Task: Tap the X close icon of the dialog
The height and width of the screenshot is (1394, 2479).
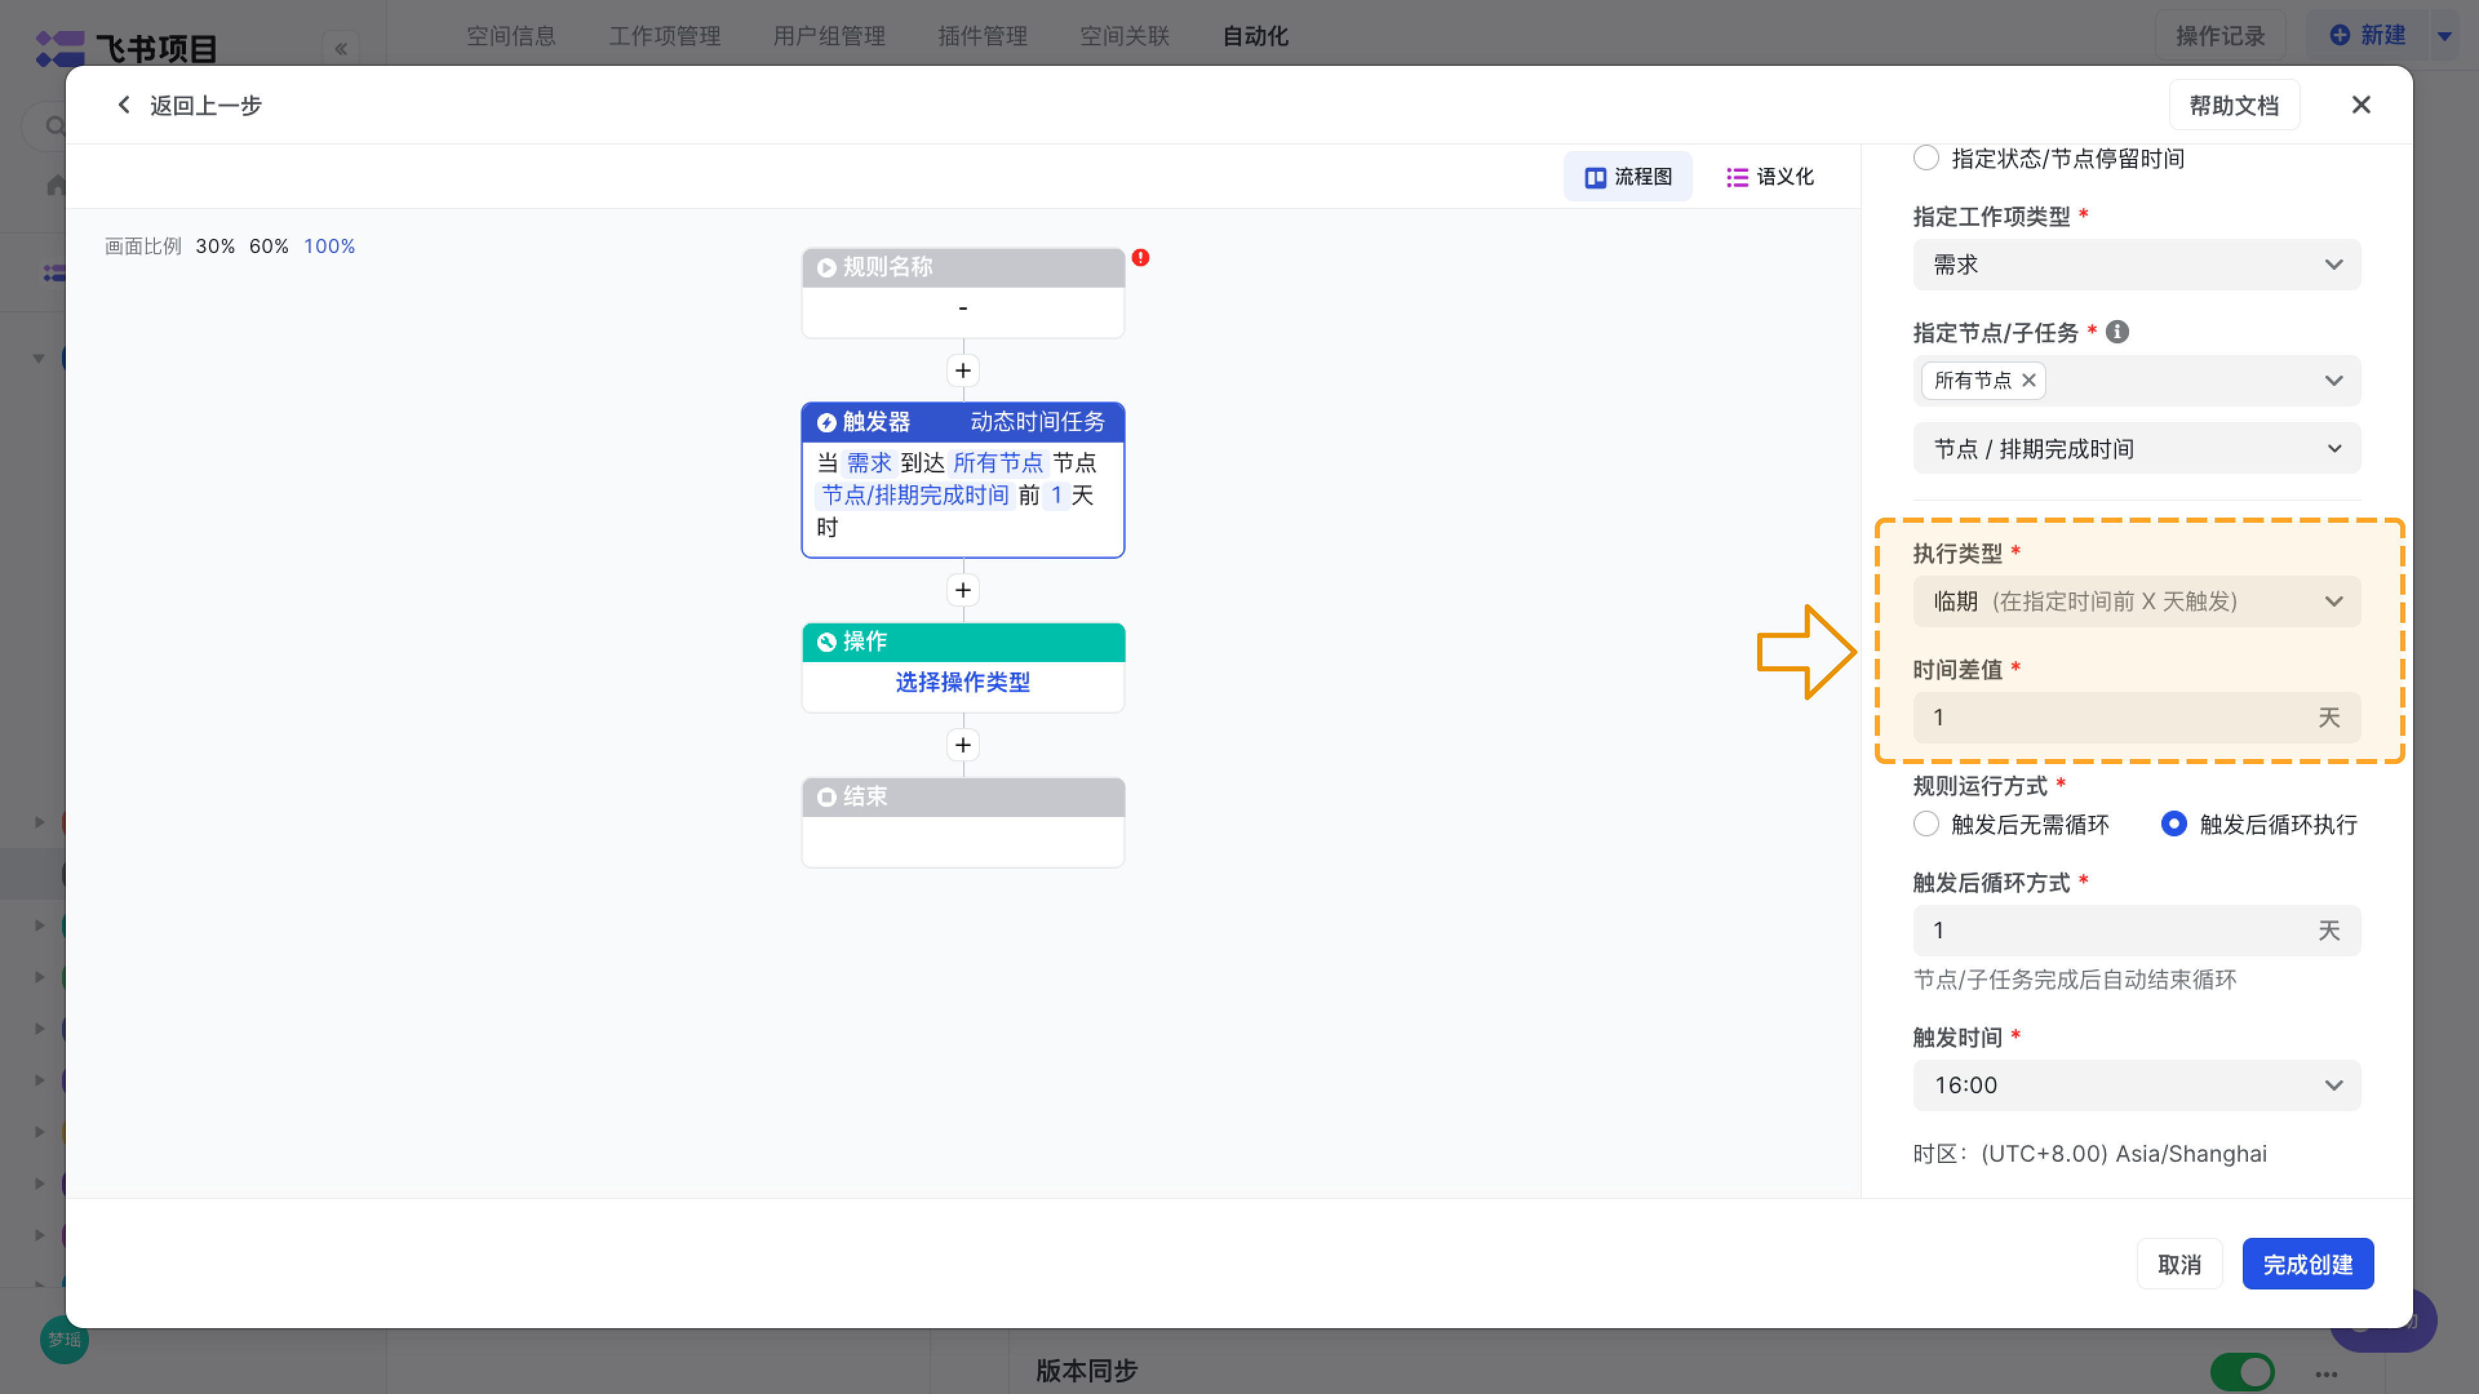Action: (2361, 105)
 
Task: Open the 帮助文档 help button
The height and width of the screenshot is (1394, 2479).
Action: (2234, 105)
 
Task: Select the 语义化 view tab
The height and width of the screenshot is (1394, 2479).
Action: (1770, 176)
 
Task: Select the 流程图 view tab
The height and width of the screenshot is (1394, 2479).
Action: (1627, 176)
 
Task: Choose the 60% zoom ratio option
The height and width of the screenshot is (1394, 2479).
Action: (269, 247)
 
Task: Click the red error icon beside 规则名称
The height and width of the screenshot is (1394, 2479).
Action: (1140, 258)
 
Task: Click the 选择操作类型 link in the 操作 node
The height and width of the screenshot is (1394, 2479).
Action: (963, 682)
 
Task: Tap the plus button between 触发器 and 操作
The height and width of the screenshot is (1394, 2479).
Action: (963, 590)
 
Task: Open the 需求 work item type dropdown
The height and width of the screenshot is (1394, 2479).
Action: (2136, 265)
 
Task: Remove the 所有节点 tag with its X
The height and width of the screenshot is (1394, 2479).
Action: (2028, 380)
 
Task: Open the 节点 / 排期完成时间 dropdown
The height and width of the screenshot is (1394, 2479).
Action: (2136, 449)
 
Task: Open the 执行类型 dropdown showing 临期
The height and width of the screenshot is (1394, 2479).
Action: (2136, 601)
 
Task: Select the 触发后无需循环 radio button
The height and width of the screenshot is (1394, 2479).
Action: (1926, 825)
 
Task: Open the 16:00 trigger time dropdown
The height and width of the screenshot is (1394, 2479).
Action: (2136, 1085)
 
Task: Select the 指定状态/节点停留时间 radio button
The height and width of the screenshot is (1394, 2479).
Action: (1926, 157)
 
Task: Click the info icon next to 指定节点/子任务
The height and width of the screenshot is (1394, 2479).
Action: (2117, 332)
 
